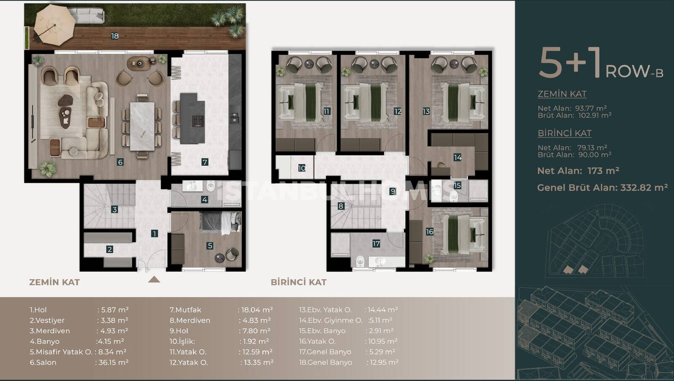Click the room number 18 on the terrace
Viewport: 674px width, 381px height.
tap(115, 36)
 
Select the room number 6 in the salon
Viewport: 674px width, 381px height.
tap(120, 163)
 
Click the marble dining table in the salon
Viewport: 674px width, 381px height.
tap(142, 126)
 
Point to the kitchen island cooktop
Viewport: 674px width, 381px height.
tap(198, 120)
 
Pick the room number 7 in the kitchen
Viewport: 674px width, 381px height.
tap(205, 163)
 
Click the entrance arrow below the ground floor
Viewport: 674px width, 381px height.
tap(154, 280)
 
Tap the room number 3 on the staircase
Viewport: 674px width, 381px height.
tap(114, 210)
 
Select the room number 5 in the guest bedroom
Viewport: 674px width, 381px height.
tap(210, 246)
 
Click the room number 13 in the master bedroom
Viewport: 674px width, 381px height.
tap(426, 112)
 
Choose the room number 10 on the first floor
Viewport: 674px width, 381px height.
tap(302, 168)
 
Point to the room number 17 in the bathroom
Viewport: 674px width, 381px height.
tap(376, 244)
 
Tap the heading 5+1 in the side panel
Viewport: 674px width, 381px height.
tap(570, 63)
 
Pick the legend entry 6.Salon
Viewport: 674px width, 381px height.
tap(43, 362)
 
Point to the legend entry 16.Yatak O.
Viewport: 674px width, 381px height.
tap(317, 341)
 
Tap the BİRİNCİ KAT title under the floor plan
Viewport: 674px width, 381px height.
tap(299, 282)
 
